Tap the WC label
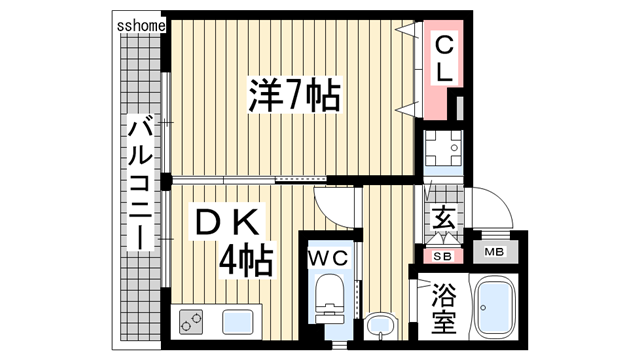tap(328, 258)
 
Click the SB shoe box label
tap(443, 256)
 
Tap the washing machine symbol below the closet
tap(442, 151)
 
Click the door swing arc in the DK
tap(336, 204)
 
